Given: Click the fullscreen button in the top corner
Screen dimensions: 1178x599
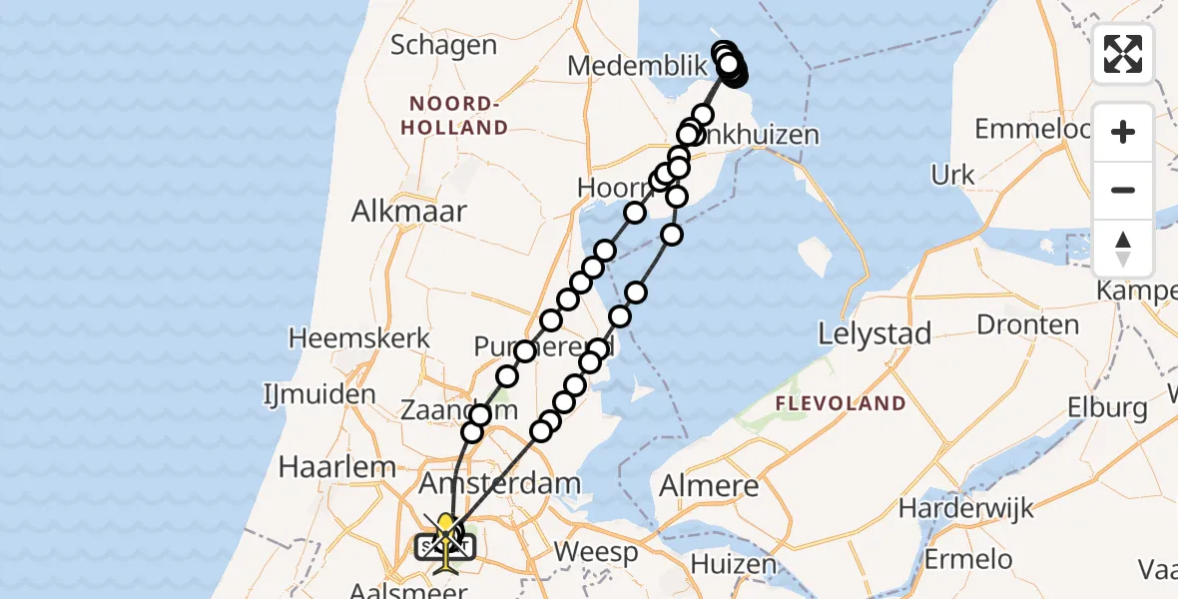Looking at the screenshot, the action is click(1123, 54).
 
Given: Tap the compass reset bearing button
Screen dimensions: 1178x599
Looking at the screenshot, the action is click(1123, 248).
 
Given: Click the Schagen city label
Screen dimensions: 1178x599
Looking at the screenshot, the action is click(443, 45).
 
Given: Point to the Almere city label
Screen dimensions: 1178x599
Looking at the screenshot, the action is click(709, 487).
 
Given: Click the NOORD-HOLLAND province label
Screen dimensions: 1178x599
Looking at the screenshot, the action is click(457, 116).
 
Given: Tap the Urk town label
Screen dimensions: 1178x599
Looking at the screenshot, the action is click(952, 176).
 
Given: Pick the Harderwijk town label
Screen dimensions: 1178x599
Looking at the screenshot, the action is click(961, 507).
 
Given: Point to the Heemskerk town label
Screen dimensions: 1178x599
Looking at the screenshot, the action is click(359, 337).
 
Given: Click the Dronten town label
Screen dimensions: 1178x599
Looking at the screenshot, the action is click(1027, 324).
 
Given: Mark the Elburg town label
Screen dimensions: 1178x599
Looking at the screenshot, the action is click(1107, 407).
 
